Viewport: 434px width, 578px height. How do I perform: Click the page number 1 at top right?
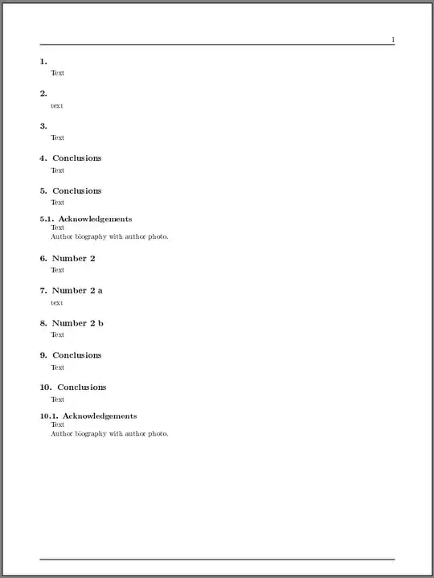pos(393,39)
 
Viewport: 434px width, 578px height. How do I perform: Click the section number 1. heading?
pos(43,61)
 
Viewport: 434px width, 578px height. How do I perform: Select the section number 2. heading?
pos(43,93)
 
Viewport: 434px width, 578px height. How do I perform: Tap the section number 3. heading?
pos(43,126)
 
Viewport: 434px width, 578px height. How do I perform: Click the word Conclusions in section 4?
pos(77,158)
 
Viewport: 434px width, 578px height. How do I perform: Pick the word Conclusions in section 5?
pos(77,191)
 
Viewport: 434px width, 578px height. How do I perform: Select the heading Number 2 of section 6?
pos(74,258)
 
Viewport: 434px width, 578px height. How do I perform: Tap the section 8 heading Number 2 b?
pos(78,323)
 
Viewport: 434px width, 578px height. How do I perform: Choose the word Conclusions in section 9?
pos(77,355)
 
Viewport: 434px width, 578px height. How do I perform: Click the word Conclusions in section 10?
pos(81,387)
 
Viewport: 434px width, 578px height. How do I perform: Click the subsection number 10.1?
pos(48,416)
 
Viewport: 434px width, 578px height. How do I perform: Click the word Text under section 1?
pos(57,73)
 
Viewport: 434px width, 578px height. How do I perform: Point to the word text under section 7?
pos(56,302)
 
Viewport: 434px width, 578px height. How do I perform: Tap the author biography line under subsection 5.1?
pos(109,236)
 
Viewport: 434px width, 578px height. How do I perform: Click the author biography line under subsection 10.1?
pos(109,433)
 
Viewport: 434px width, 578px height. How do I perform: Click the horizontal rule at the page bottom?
pos(217,559)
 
